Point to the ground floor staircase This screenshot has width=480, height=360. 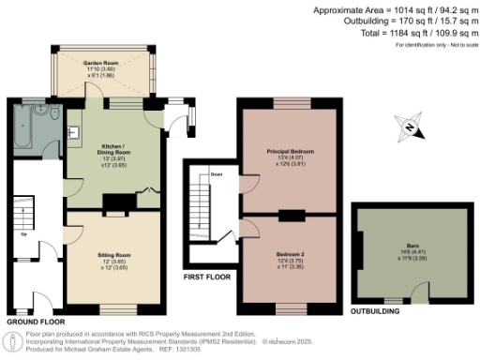23,216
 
